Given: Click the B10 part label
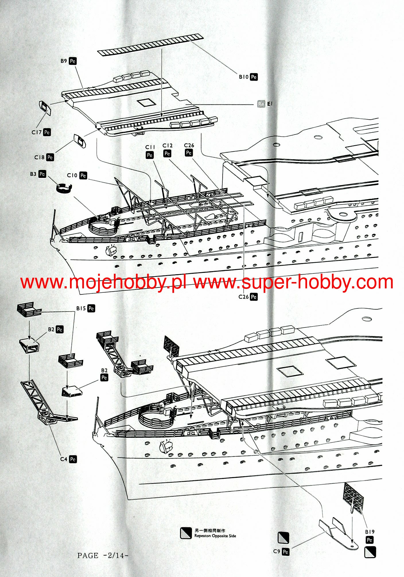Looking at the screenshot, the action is pyautogui.click(x=244, y=77).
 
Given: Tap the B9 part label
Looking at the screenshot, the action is pyautogui.click(x=64, y=61).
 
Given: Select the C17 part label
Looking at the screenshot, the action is pyautogui.click(x=37, y=132).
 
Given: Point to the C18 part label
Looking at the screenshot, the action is pyautogui.click(x=40, y=157).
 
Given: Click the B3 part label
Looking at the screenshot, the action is pyautogui.click(x=33, y=174).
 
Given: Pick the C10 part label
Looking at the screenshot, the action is pyautogui.click(x=72, y=175).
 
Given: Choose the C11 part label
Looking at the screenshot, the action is pyautogui.click(x=150, y=147).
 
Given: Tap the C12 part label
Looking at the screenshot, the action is pyautogui.click(x=168, y=146).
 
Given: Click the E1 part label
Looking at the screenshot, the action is pyautogui.click(x=270, y=104).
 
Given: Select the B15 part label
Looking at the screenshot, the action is pyautogui.click(x=81, y=308).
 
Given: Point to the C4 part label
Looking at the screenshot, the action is pyautogui.click(x=64, y=459).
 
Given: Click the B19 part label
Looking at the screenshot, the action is pyautogui.click(x=370, y=532).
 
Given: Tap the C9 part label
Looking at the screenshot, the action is pyautogui.click(x=277, y=551).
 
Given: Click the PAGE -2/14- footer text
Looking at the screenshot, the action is pyautogui.click(x=102, y=555).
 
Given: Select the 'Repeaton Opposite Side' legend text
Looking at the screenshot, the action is pyautogui.click(x=215, y=536).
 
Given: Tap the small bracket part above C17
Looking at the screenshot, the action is pyautogui.click(x=45, y=108).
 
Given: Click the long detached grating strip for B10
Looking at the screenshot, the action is pyautogui.click(x=150, y=45).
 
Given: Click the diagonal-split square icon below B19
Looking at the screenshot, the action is pyautogui.click(x=370, y=552).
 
